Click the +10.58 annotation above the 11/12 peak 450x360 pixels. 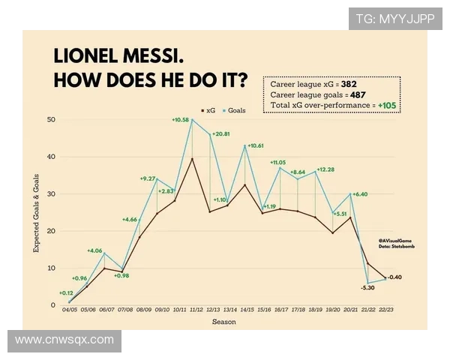click(x=181, y=120)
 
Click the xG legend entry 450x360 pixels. click(x=209, y=109)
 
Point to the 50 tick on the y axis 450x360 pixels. click(x=52, y=120)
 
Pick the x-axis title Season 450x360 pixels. click(x=223, y=322)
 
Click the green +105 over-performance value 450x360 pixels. click(x=388, y=106)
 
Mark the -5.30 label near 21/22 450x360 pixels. click(x=367, y=287)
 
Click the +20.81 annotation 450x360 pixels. click(x=222, y=134)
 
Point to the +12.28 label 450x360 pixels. click(x=325, y=169)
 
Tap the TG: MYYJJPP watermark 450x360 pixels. click(x=394, y=19)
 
